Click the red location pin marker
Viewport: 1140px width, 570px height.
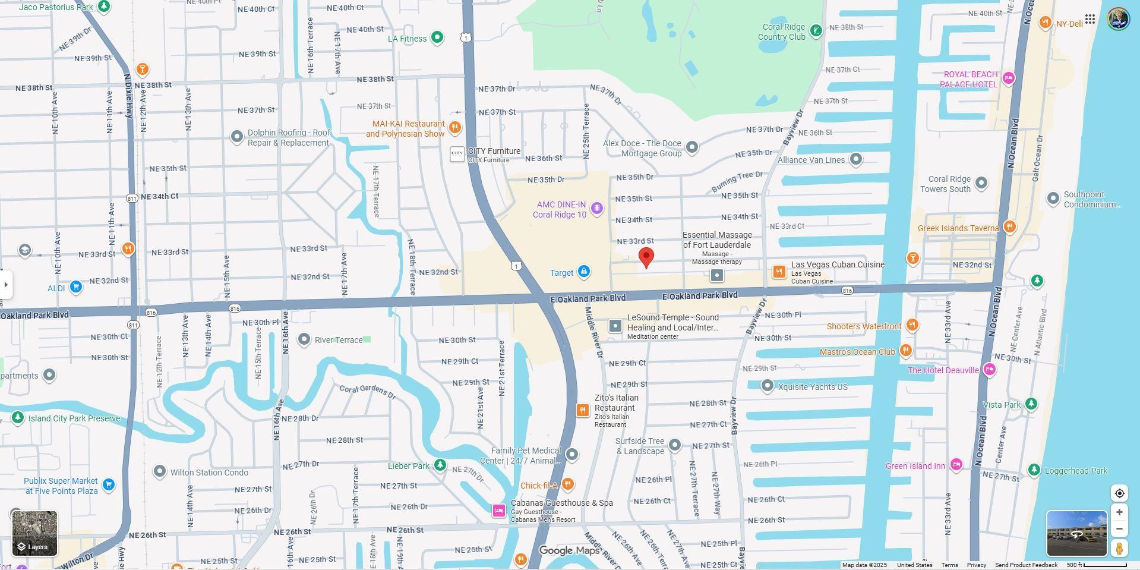click(646, 258)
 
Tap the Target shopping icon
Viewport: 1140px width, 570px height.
click(583, 272)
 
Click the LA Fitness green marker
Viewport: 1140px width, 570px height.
click(437, 38)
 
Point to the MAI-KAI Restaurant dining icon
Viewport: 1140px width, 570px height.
click(455, 128)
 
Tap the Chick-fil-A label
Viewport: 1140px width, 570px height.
click(539, 486)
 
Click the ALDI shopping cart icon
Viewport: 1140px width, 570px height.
click(75, 287)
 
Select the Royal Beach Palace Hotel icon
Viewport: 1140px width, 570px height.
click(1008, 78)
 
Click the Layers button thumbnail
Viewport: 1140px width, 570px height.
click(35, 533)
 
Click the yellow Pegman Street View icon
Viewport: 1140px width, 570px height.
click(1119, 547)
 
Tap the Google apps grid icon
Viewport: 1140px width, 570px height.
click(1090, 19)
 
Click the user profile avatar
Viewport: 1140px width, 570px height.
click(1118, 19)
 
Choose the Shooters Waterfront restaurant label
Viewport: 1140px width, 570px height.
click(864, 326)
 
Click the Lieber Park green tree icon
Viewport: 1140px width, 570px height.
click(440, 465)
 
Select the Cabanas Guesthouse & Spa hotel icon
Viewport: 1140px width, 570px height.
click(499, 510)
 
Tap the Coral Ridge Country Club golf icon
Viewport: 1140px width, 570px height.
click(816, 31)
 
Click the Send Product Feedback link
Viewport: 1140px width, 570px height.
click(1026, 565)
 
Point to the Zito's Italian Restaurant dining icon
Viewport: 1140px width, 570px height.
click(583, 410)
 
